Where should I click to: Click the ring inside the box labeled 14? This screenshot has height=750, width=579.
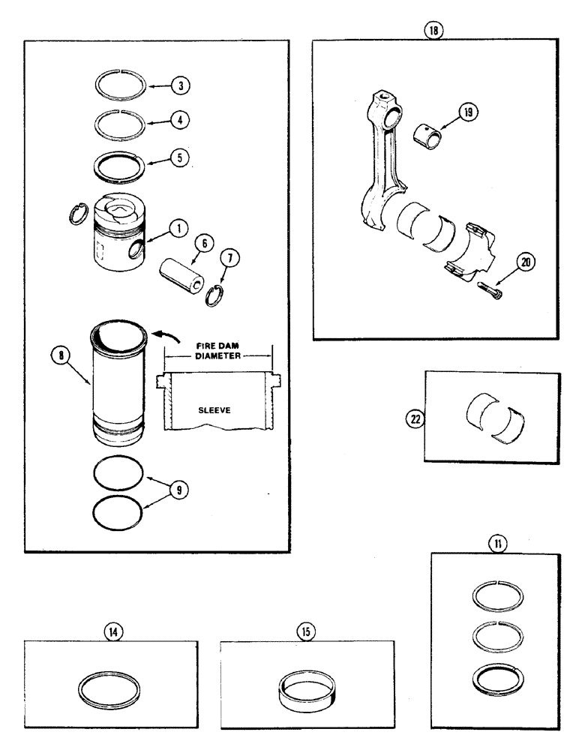(x=112, y=688)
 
